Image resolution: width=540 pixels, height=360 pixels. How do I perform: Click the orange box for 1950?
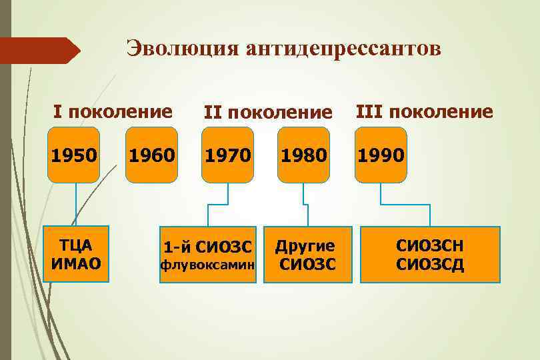point(73,155)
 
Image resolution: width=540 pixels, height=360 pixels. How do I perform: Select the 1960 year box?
point(152,155)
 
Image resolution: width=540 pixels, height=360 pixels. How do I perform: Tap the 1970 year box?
point(228,155)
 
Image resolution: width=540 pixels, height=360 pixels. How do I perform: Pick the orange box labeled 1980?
point(303,155)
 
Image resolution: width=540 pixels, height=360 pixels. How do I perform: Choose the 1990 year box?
point(381,155)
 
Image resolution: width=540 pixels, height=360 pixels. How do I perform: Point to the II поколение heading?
point(268,113)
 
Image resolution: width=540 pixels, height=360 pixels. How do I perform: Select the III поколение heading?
point(425,111)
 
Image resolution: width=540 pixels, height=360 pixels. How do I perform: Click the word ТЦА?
point(75,245)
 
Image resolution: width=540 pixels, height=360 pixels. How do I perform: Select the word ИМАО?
point(75,263)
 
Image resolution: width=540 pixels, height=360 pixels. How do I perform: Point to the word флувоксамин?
point(207,265)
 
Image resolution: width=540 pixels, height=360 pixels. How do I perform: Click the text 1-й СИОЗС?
point(208,247)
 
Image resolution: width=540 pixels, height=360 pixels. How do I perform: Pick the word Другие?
point(308,246)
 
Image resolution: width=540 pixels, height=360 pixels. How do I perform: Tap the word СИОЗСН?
point(430,245)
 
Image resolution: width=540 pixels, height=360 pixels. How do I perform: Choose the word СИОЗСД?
point(430,265)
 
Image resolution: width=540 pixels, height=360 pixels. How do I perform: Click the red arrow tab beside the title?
point(39,51)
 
